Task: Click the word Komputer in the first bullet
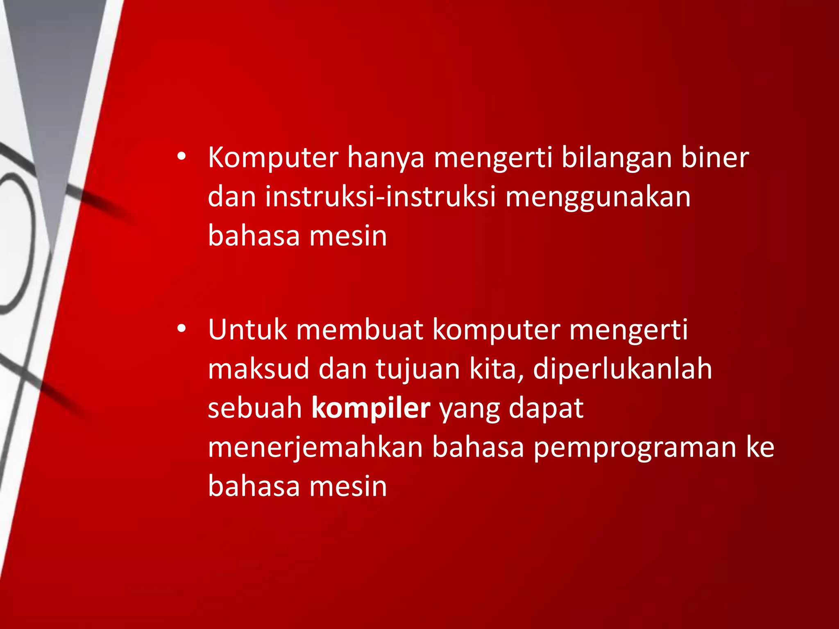click(x=273, y=158)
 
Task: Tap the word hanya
click(x=386, y=158)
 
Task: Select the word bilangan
click(x=616, y=158)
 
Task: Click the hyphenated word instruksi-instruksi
click(x=380, y=197)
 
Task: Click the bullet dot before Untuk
click(x=181, y=328)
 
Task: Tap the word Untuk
click(x=247, y=330)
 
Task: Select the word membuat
click(x=360, y=330)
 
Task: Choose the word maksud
click(x=258, y=369)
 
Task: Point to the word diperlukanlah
click(x=622, y=369)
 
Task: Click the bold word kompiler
click(x=371, y=408)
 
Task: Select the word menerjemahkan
click(x=315, y=448)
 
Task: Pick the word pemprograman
click(x=635, y=448)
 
